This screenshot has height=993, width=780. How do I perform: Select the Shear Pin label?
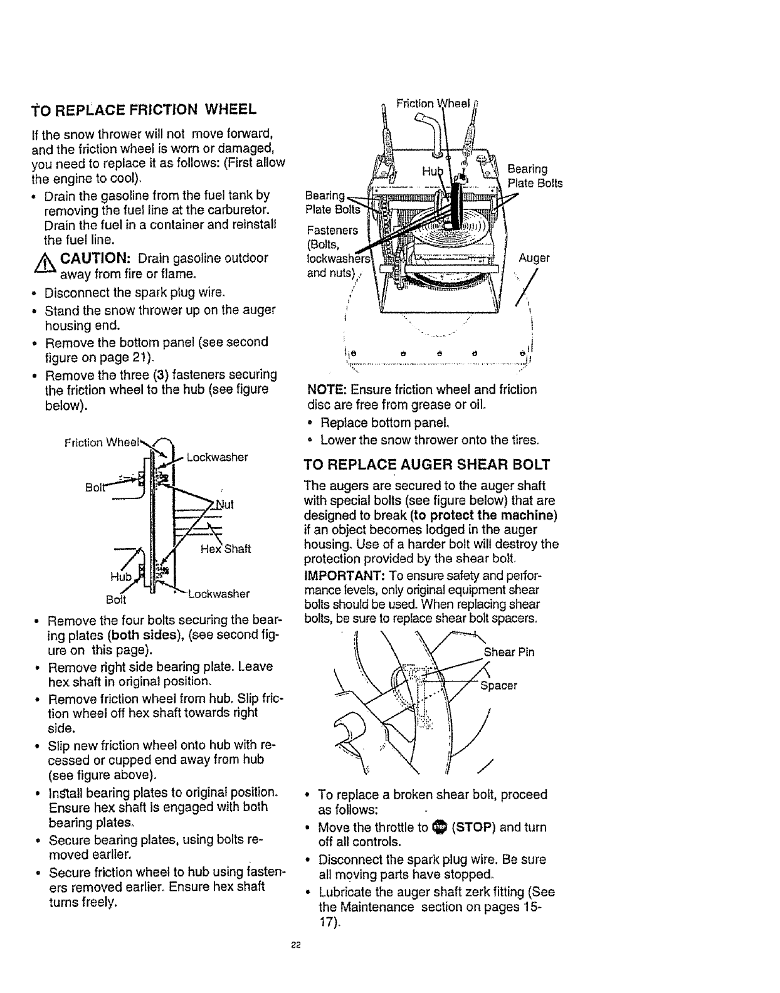coord(509,652)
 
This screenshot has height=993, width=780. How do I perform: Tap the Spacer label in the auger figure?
coord(498,685)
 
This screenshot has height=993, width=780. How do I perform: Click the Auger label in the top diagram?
coord(534,258)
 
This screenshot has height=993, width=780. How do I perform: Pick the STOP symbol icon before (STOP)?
coord(439,828)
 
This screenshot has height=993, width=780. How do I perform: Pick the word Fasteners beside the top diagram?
coord(332,230)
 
